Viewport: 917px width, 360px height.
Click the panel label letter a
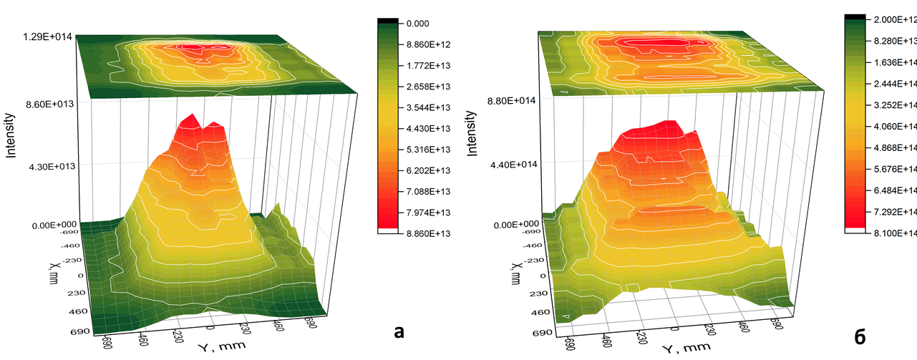399,331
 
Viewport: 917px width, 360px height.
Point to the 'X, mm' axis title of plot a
55,272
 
